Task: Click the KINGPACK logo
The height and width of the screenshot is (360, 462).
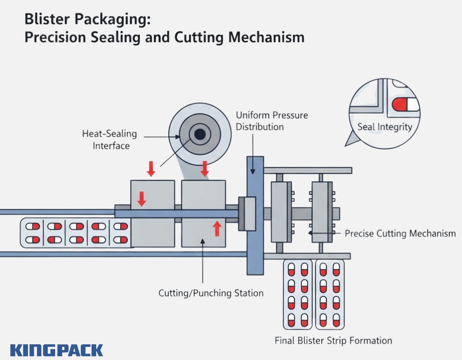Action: tap(56, 350)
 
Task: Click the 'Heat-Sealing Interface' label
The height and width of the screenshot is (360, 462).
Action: tap(109, 140)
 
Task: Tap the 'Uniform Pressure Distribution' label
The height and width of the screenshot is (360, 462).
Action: tap(272, 121)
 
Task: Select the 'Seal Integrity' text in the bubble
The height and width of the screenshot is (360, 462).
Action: tap(385, 127)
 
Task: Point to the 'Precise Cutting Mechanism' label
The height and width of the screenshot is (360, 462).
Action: tap(400, 234)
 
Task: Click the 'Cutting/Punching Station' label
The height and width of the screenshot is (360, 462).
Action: tap(211, 293)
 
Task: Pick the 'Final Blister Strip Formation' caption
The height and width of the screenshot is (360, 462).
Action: tap(333, 340)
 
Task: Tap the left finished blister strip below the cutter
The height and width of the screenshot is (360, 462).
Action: tap(298, 294)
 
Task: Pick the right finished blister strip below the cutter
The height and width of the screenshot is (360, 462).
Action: tap(329, 294)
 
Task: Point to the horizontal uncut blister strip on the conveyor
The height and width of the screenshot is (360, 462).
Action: tap(77, 233)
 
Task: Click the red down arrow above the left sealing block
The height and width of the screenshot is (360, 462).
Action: tap(151, 168)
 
